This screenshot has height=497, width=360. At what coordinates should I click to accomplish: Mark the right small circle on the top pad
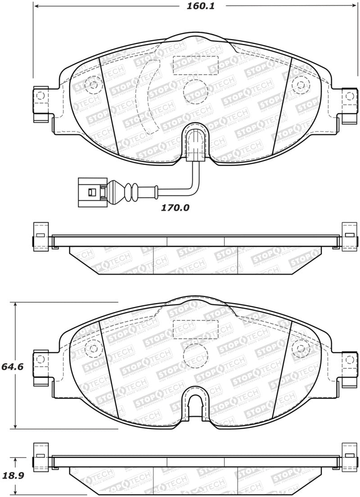point(300,84)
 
